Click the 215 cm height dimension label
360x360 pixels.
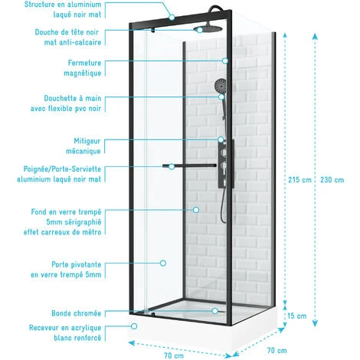(x=299, y=180)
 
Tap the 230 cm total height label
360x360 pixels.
(x=332, y=180)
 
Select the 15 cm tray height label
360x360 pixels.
(x=296, y=316)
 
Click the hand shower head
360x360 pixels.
(x=221, y=86)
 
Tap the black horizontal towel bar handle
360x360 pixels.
(x=189, y=166)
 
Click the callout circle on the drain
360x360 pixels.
(x=215, y=311)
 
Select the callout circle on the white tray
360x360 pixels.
(x=134, y=326)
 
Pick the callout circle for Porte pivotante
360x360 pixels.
(x=163, y=263)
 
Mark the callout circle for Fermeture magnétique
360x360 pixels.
(x=225, y=61)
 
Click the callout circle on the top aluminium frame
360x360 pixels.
(x=172, y=18)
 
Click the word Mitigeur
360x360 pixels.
(x=87, y=141)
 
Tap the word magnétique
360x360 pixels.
(x=82, y=74)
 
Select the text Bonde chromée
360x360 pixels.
(x=76, y=313)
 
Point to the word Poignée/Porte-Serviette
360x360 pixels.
(x=62, y=169)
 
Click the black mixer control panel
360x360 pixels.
(x=226, y=164)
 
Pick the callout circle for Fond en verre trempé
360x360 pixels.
(x=196, y=210)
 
